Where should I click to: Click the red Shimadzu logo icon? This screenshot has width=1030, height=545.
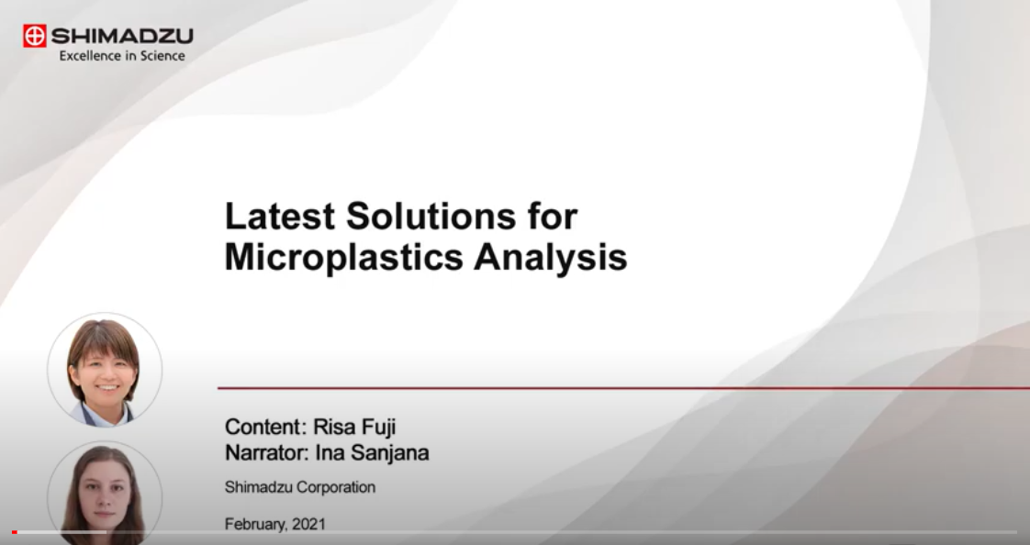[35, 36]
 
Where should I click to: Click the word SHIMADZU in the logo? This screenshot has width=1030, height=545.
[122, 36]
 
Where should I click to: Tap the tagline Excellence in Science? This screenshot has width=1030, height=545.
[122, 56]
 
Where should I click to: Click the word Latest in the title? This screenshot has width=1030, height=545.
[280, 216]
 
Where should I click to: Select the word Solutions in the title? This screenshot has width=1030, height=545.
[431, 216]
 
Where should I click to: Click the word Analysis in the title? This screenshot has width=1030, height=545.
[551, 257]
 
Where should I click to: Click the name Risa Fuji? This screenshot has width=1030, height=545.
[354, 427]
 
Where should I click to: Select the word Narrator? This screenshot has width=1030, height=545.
[267, 452]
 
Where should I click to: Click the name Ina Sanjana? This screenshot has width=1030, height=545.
[372, 453]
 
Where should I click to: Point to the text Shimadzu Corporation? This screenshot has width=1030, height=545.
[300, 487]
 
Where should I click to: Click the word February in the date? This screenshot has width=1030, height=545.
[256, 524]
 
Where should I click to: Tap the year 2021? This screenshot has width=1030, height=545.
[308, 524]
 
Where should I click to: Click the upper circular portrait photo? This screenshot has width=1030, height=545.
[105, 370]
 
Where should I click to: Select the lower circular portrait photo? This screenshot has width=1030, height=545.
[105, 493]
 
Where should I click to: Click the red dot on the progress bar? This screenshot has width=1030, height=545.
[15, 532]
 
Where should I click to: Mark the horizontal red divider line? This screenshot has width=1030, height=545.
[623, 388]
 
